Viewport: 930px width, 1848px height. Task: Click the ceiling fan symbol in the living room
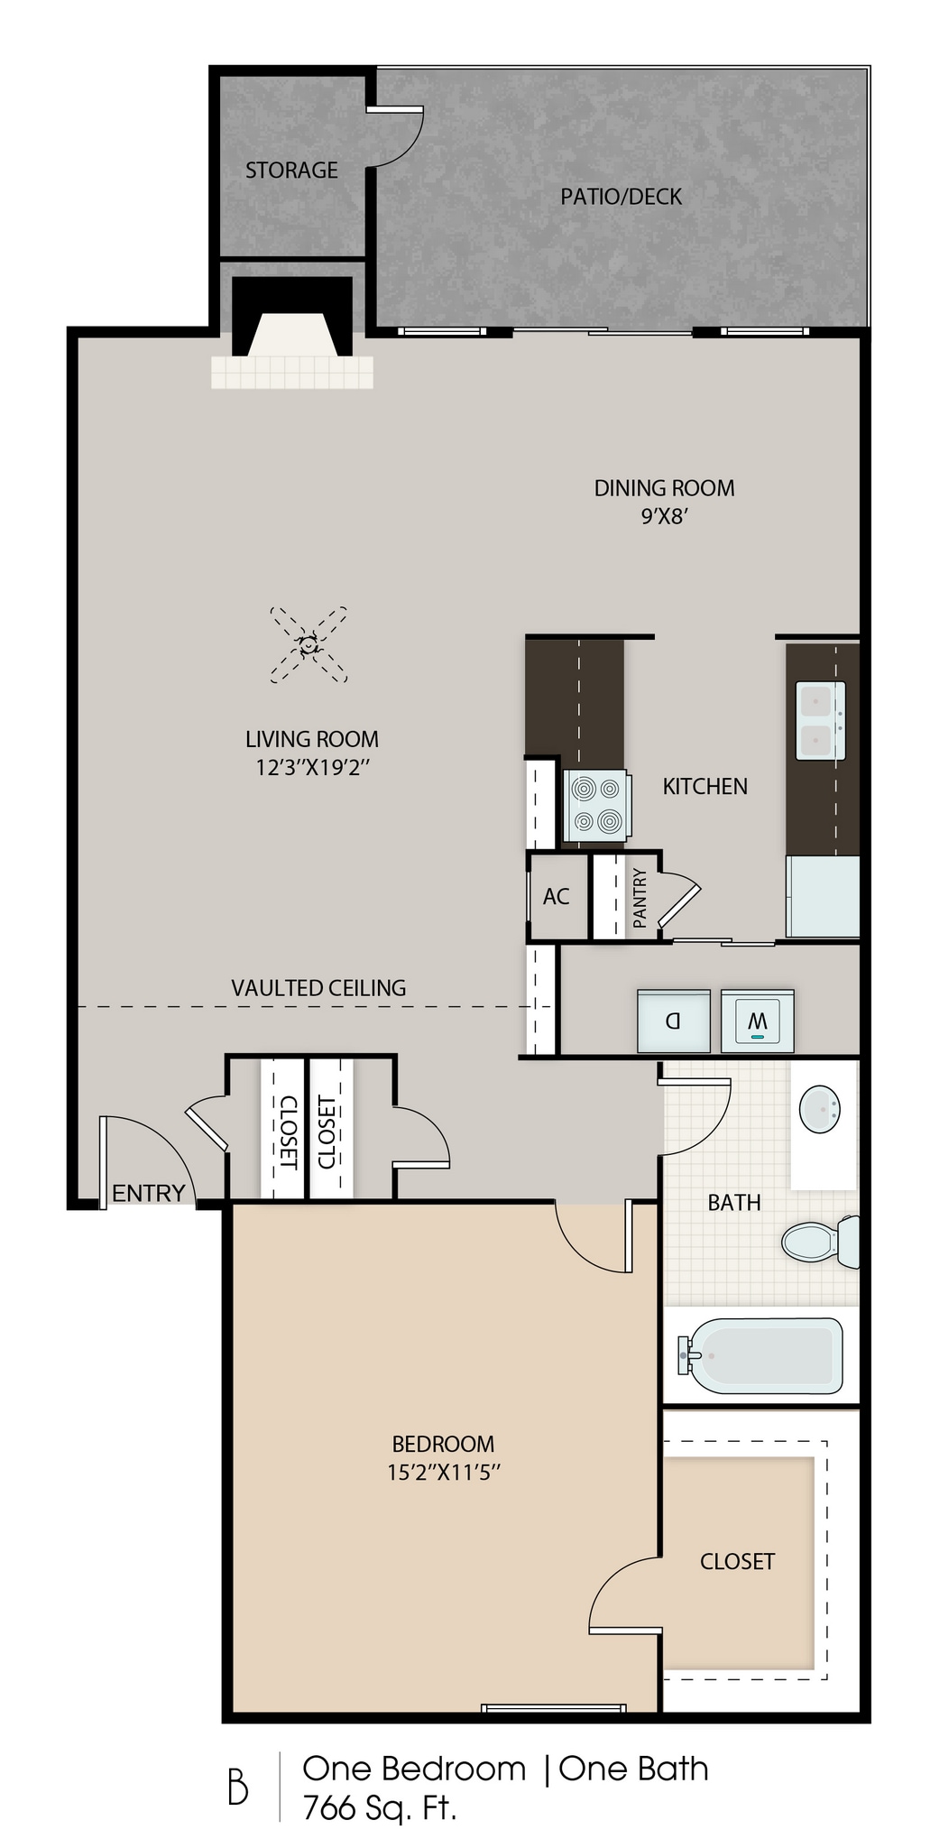[x=309, y=644]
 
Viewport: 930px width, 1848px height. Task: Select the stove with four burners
[x=596, y=804]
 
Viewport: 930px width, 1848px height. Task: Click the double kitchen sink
[x=820, y=720]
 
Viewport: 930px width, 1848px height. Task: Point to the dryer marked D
[x=673, y=1021]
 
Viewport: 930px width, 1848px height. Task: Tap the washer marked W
[x=758, y=1021]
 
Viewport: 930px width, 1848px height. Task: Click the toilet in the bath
[x=817, y=1242]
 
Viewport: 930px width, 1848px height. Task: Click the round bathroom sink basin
[x=820, y=1107]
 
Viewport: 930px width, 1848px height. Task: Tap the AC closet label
[x=556, y=897]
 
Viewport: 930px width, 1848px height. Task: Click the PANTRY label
[x=640, y=898]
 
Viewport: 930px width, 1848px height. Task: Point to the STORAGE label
[x=291, y=171]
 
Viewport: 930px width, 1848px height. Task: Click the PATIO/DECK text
[x=621, y=197]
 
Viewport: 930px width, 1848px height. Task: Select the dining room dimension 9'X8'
[x=665, y=517]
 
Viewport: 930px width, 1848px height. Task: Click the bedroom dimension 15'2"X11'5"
[x=443, y=1473]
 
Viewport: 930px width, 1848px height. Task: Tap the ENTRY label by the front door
[x=148, y=1193]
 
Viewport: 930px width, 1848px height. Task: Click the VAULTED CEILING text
[x=318, y=988]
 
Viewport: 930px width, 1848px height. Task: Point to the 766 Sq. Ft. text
[x=380, y=1808]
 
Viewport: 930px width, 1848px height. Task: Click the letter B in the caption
[x=237, y=1788]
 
